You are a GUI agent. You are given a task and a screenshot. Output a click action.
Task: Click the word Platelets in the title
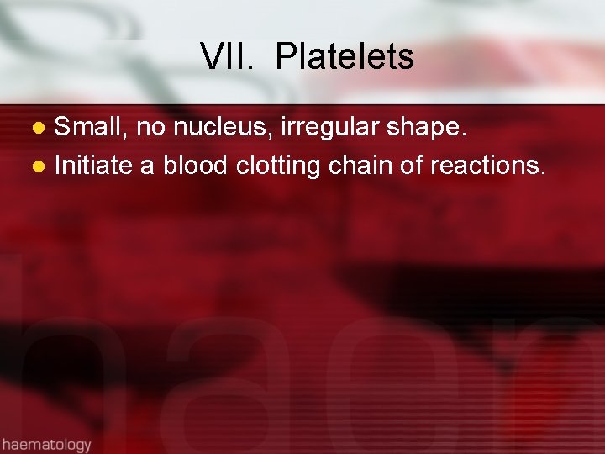[345, 57]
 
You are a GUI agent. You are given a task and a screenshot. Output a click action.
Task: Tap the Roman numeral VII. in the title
[225, 57]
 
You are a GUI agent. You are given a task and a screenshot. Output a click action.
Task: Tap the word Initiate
[93, 165]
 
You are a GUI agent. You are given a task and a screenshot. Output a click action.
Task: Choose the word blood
[196, 165]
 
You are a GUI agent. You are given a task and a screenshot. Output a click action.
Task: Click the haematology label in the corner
[46, 443]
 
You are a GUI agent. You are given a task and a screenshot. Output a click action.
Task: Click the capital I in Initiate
[57, 165]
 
